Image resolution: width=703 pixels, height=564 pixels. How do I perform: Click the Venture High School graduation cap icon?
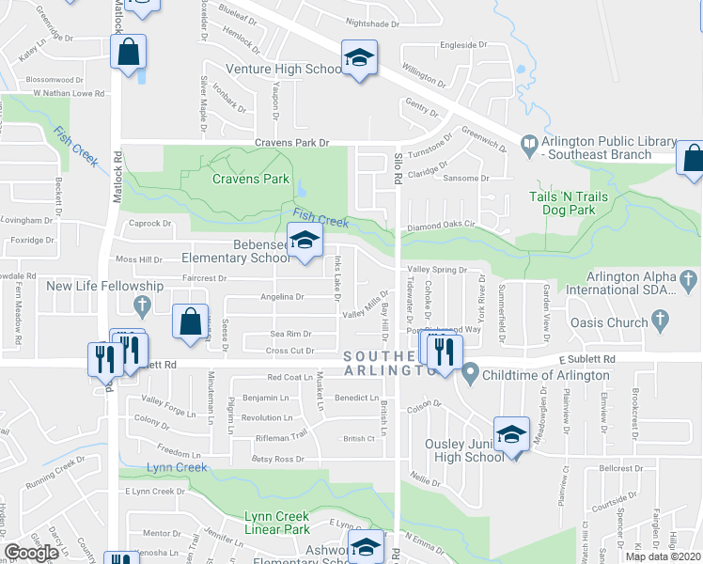click(358, 58)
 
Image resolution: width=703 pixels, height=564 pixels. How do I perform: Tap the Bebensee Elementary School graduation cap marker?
click(305, 242)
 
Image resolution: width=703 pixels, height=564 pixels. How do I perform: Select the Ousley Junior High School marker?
click(511, 434)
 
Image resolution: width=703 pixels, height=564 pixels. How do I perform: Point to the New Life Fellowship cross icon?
click(142, 305)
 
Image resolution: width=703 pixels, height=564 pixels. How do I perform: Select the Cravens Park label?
click(250, 179)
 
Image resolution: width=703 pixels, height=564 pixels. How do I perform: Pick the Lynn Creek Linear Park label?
click(277, 523)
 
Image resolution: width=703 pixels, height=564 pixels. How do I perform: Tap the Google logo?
click(32, 553)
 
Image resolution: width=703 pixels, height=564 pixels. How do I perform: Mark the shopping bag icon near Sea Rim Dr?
click(191, 321)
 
